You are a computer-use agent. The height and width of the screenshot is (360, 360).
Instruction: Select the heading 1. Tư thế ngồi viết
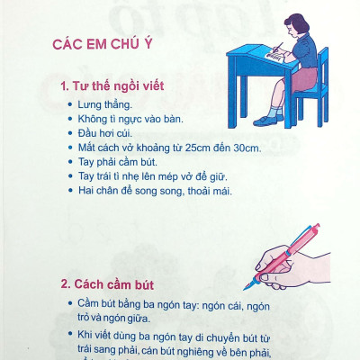(x=112, y=88)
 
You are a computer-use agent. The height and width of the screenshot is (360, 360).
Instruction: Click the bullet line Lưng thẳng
(x=103, y=105)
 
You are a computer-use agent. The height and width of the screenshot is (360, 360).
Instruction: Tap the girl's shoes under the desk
(x=271, y=119)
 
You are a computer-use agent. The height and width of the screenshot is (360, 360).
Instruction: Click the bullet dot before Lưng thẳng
(x=69, y=105)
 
